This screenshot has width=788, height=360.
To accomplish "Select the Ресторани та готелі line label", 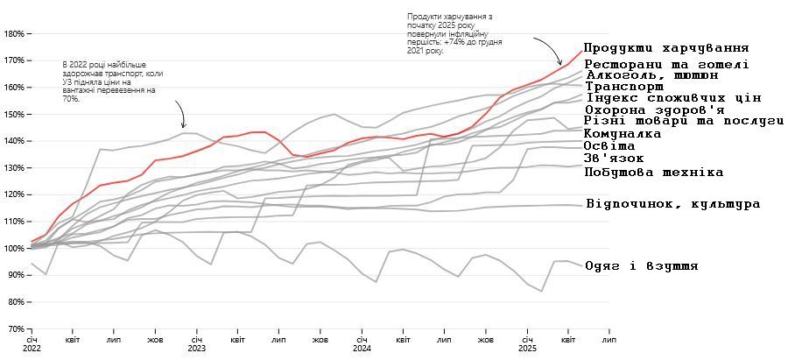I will (x=665, y=64).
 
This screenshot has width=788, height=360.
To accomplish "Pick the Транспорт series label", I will (x=623, y=87).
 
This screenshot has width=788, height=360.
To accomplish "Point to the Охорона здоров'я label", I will (x=654, y=110).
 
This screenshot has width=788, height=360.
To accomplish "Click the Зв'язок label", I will (x=614, y=159).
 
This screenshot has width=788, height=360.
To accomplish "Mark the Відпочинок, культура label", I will (x=672, y=204).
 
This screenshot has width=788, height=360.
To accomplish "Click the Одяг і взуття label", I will (x=641, y=266).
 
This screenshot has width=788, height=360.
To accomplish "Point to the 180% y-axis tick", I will (x=14, y=34).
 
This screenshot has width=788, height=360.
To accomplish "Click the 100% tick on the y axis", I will (x=14, y=249).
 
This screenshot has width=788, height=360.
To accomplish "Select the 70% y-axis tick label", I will (x=16, y=329).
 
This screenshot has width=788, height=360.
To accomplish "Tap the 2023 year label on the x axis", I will (x=196, y=348).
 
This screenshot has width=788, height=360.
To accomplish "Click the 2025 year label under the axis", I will (x=526, y=348).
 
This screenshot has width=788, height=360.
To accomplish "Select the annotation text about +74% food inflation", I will (x=450, y=34).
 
